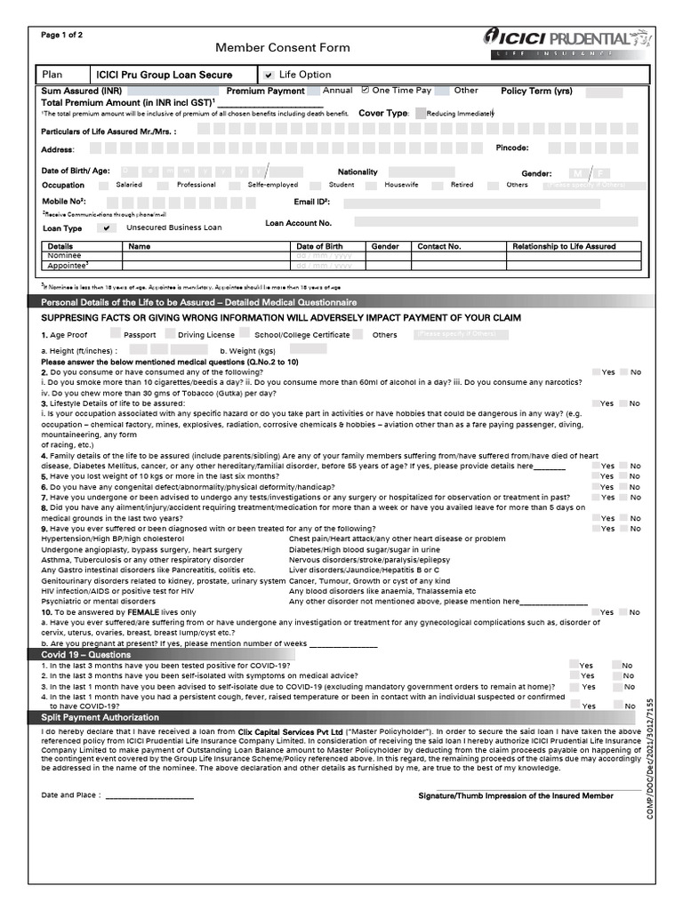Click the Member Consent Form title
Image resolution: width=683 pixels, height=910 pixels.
click(282, 48)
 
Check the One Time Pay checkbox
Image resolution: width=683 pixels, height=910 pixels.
click(365, 91)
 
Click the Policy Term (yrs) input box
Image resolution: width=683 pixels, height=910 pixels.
click(605, 92)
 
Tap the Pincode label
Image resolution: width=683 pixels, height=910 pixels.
click(512, 148)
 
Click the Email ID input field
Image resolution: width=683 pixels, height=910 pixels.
click(490, 204)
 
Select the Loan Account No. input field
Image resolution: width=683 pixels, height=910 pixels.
click(489, 222)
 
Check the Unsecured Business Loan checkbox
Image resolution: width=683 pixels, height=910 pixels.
click(108, 228)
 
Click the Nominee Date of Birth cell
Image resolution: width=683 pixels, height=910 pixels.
click(323, 256)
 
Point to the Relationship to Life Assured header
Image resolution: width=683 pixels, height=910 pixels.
click(563, 246)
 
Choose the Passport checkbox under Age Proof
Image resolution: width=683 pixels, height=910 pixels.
click(116, 334)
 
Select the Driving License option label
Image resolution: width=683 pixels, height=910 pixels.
click(206, 335)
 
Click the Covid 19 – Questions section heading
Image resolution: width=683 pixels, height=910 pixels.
click(86, 655)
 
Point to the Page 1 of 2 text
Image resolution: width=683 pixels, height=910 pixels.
click(62, 35)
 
